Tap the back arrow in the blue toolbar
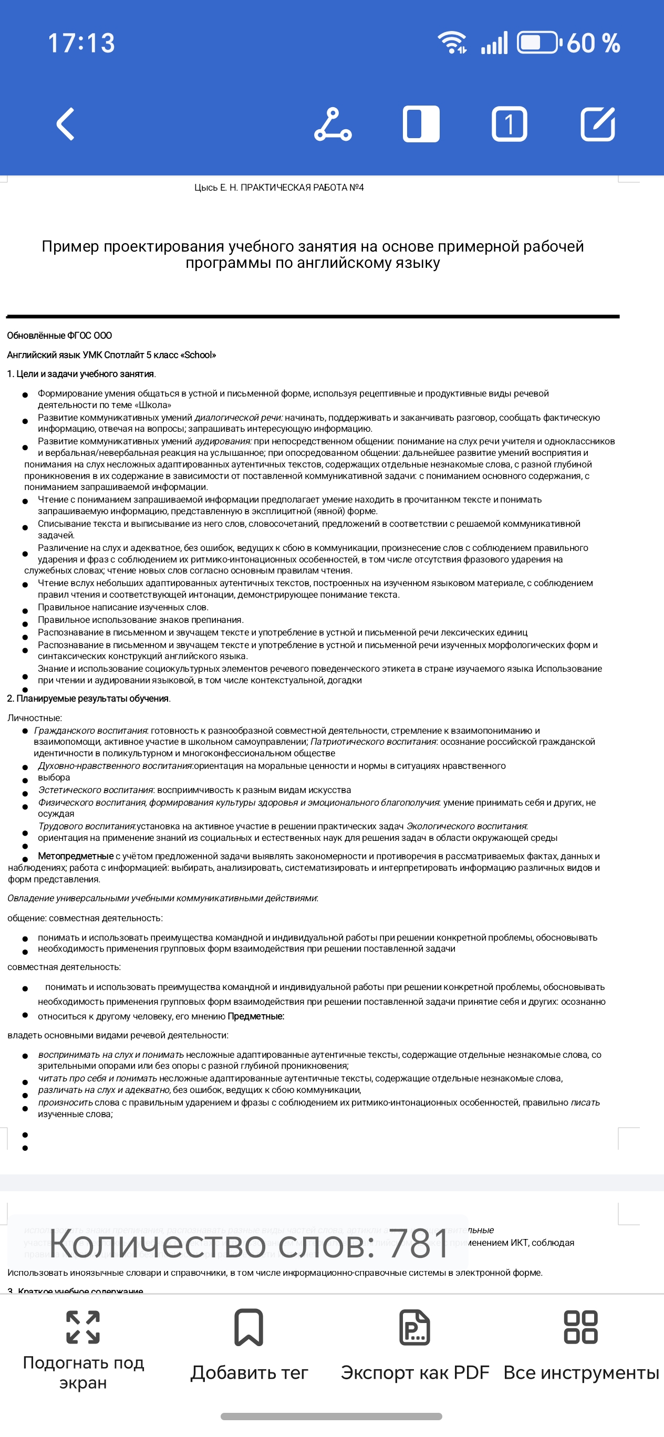[x=66, y=124]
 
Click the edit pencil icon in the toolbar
[x=598, y=124]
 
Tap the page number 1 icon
[x=509, y=124]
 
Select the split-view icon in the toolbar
[x=421, y=124]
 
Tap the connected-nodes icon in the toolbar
[x=333, y=124]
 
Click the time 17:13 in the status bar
[x=81, y=43]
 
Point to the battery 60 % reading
[x=593, y=43]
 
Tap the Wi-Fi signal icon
[x=452, y=43]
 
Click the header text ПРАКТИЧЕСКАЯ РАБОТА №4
[x=302, y=188]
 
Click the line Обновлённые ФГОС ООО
[x=60, y=335]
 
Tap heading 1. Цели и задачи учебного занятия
[x=81, y=374]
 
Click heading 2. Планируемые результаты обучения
[x=89, y=699]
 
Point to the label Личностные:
[x=35, y=718]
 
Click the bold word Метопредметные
[x=75, y=856]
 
